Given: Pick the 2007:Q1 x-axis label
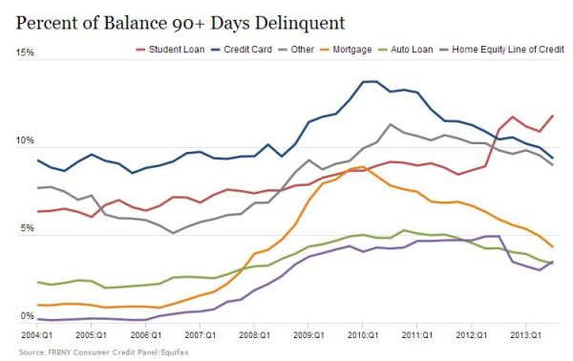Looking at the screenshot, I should coord(201,337).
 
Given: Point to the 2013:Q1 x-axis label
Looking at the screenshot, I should coord(526,337).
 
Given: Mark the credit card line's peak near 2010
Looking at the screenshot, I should coord(368,82).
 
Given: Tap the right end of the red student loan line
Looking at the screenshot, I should coord(552,117).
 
